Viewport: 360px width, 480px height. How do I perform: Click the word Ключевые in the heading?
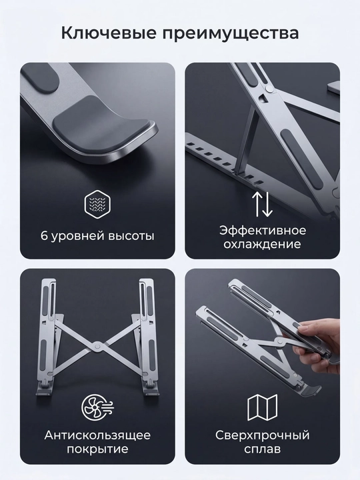click(x=109, y=33)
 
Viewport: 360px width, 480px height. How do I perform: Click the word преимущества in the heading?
click(x=231, y=33)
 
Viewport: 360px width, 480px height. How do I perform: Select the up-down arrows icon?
click(x=262, y=204)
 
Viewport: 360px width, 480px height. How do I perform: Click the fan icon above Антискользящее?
click(x=97, y=407)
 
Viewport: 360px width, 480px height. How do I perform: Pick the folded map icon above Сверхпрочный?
click(x=263, y=407)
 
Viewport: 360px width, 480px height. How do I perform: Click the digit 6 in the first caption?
click(x=45, y=236)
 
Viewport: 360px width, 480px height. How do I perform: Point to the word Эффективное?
click(x=263, y=230)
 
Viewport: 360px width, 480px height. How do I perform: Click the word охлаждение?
click(x=262, y=244)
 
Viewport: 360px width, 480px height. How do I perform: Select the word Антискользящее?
click(x=97, y=435)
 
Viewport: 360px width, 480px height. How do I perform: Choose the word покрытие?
click(x=97, y=449)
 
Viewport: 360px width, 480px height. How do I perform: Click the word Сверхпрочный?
click(x=263, y=435)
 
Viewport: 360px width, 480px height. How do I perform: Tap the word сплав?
click(x=263, y=449)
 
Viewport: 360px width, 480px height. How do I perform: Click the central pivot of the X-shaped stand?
click(x=97, y=345)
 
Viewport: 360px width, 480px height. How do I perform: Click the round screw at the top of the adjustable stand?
click(x=269, y=89)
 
